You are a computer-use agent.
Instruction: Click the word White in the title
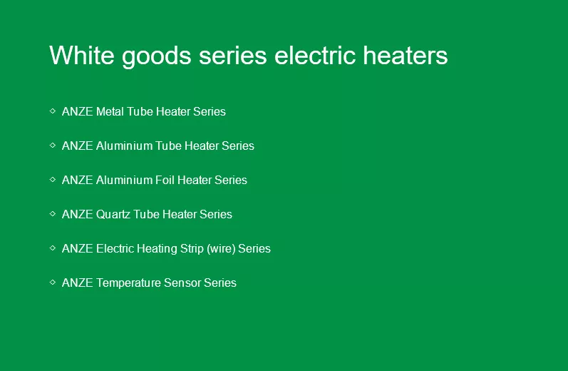81,56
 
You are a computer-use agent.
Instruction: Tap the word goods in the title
157,57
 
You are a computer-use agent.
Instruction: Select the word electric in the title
315,56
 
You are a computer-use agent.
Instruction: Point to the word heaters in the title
406,56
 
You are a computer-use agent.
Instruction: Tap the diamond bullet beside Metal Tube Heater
53,111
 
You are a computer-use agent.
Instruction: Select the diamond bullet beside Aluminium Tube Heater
53,145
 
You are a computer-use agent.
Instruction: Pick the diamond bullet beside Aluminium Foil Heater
53,179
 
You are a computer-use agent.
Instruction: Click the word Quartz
113,214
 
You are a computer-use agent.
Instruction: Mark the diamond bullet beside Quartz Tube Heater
53,213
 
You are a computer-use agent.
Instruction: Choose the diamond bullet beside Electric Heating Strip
53,248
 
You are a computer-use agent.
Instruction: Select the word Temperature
128,283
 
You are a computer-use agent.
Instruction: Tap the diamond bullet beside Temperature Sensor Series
53,282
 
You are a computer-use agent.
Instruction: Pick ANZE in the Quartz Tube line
77,214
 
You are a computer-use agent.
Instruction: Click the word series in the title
233,56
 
